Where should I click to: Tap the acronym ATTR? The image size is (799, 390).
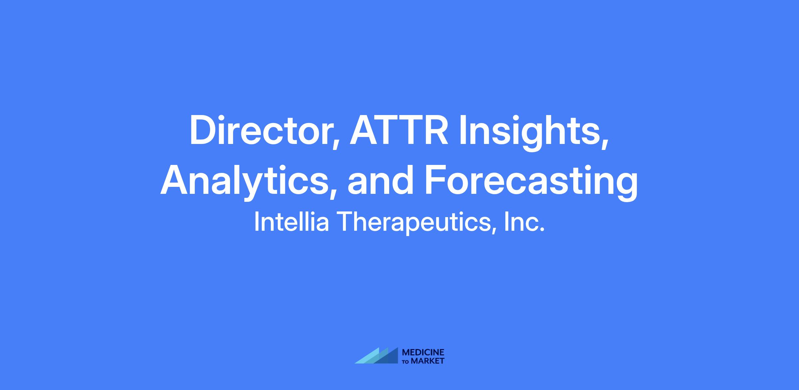[x=399, y=130]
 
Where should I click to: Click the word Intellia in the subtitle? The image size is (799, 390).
[x=292, y=222]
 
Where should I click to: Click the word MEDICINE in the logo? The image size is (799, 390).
[x=423, y=352]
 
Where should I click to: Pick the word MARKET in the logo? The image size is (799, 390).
[x=428, y=361]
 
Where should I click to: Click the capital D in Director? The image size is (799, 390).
[x=203, y=130]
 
